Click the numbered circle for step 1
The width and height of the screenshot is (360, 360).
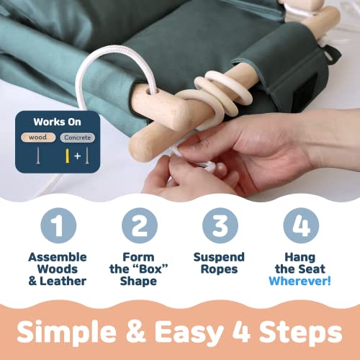[58, 225]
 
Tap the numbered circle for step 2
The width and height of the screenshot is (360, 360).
[140, 225]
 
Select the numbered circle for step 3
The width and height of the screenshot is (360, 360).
[220, 225]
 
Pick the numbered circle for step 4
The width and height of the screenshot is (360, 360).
[301, 225]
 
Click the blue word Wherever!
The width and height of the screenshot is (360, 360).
[300, 281]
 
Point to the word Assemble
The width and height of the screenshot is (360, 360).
[58, 257]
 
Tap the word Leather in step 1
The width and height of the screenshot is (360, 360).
[63, 281]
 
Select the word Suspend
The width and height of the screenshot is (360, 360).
[219, 258]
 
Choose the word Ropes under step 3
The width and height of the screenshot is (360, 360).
[219, 269]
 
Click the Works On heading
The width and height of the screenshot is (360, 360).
[57, 122]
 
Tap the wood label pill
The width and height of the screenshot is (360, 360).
[38, 138]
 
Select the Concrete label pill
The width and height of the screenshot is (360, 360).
[78, 138]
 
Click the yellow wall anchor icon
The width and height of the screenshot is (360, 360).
[68, 156]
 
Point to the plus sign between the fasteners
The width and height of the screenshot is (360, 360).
[77, 156]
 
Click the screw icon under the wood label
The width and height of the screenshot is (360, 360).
[38, 156]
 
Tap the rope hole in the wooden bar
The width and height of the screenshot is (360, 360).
[153, 91]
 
